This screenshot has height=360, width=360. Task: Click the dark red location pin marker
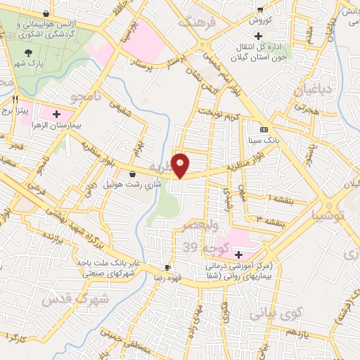(181, 165)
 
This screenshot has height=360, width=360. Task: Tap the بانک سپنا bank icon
(264, 130)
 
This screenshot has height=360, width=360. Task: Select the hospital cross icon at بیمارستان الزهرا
(56, 112)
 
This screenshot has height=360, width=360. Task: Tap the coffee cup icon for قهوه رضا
(167, 267)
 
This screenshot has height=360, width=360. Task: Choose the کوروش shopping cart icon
(260, 10)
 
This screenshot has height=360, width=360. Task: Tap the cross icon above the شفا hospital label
(238, 254)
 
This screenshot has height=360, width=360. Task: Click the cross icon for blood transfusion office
(259, 36)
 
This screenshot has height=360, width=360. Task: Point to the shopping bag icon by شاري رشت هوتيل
(133, 174)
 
